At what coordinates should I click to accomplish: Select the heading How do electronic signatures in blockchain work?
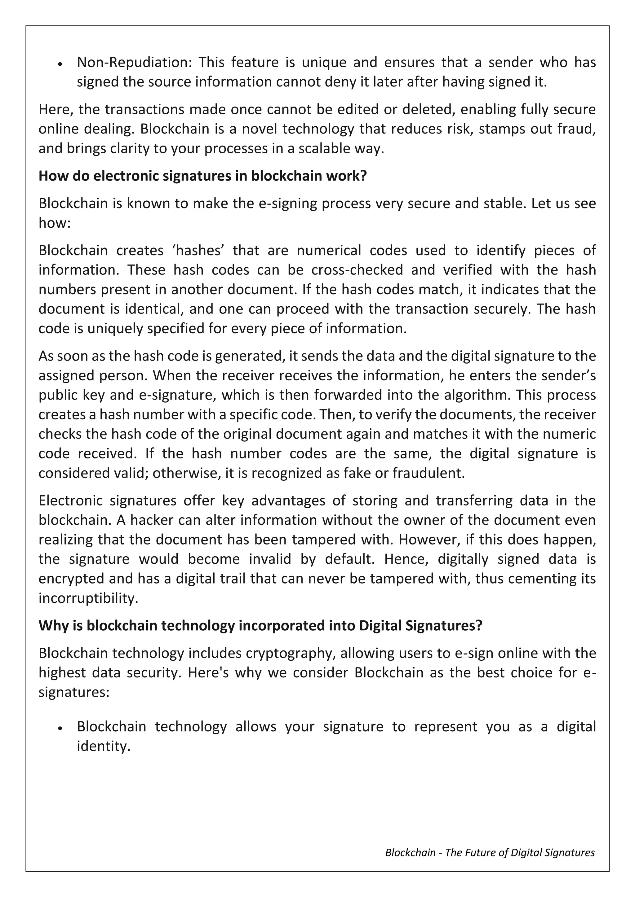pos(202,176)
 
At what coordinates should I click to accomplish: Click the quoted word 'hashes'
pos(198,251)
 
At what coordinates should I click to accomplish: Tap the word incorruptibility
pos(88,598)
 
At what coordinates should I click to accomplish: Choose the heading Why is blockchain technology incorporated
pos(260,625)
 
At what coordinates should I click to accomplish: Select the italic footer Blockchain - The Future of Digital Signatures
pos(490,852)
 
